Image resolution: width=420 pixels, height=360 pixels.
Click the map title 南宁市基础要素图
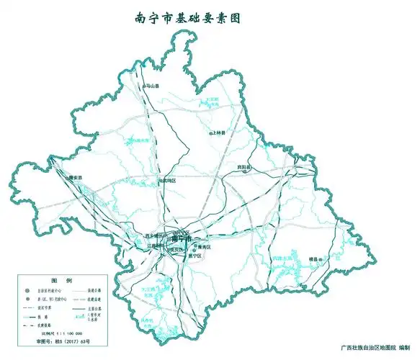[x=187, y=19]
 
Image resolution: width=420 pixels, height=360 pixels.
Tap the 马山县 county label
[x=151, y=86]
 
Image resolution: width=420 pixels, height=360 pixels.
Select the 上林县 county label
[x=219, y=133]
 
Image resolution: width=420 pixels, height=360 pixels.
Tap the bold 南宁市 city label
[x=182, y=238]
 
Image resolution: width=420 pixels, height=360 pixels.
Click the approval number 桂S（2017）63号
[x=59, y=344]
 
